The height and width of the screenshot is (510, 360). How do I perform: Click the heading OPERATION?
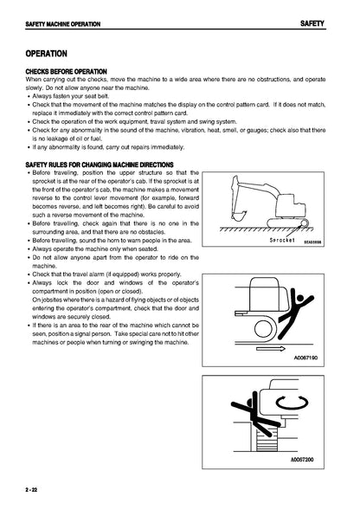coord(46,54)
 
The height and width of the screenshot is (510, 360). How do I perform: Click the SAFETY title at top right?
coord(312,23)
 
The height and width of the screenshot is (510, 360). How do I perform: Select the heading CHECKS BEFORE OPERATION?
coord(66,72)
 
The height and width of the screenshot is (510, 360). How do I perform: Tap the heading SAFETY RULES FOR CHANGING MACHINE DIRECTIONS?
coord(100,165)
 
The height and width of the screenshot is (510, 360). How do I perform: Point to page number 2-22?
coord(31,490)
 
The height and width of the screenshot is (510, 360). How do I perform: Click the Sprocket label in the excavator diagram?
coord(282,241)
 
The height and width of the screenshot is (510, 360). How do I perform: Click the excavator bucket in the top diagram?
coord(238,215)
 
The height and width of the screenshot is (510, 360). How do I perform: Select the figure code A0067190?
coord(305,358)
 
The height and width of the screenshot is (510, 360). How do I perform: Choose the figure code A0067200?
coord(302,460)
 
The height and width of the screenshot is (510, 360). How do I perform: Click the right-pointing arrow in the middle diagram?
coord(271,349)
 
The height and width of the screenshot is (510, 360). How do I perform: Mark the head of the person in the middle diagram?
coord(299,298)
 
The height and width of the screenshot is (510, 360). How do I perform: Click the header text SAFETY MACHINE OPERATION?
coord(63,24)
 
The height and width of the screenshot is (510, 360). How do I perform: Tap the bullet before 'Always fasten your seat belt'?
coord(29,97)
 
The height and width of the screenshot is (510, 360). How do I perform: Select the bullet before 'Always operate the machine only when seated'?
coord(29,249)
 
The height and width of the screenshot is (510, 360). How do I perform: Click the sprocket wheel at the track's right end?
coord(305,223)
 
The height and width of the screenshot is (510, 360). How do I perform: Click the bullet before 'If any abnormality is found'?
coord(29,147)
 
